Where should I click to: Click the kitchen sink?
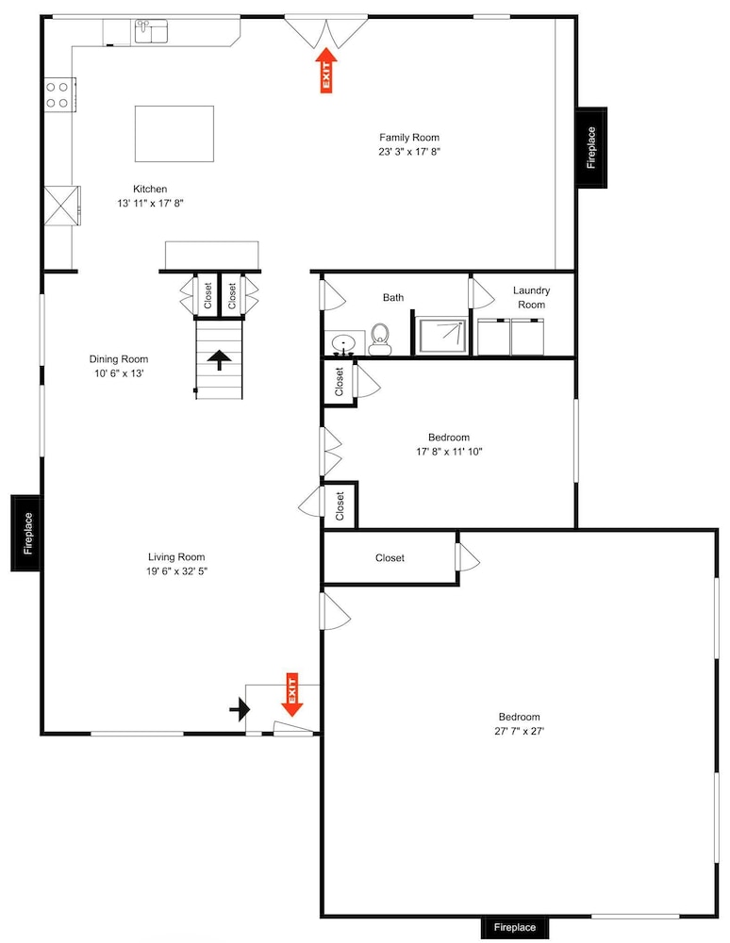point(151,31)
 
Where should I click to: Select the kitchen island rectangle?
point(174,134)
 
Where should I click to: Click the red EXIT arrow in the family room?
point(326,71)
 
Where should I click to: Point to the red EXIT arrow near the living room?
point(292,695)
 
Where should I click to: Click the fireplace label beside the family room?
point(591,147)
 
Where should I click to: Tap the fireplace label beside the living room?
point(27,533)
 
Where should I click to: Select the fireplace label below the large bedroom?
point(515,927)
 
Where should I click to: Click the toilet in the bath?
point(379,339)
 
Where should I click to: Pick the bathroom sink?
point(344,343)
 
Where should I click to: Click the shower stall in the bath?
point(442,337)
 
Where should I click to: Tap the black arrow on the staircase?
point(220,360)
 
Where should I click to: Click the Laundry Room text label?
point(532,297)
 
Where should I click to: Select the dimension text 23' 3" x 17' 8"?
point(409,152)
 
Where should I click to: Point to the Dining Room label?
point(119,359)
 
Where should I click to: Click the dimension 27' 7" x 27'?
point(520,732)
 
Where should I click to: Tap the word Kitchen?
point(150,189)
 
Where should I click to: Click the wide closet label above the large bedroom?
point(390,557)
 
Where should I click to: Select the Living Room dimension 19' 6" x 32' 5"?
point(176,571)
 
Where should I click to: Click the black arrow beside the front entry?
point(240,709)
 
